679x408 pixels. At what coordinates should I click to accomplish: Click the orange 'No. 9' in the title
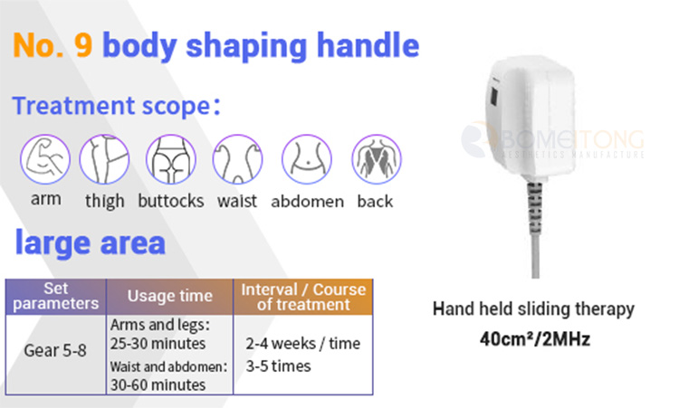click(x=53, y=45)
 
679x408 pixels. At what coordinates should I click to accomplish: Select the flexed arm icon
click(x=45, y=159)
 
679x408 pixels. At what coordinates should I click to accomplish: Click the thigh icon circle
click(x=104, y=159)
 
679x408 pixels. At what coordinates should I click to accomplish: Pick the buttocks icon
click(x=171, y=159)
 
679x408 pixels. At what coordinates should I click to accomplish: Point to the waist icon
click(x=237, y=159)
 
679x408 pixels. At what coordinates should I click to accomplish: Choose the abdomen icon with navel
click(x=307, y=159)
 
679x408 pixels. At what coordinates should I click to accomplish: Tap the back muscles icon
click(x=377, y=159)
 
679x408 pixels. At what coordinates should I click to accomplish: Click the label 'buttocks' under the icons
click(x=171, y=201)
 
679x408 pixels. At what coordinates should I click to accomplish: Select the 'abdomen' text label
click(x=308, y=202)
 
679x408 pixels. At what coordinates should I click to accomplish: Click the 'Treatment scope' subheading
click(x=116, y=106)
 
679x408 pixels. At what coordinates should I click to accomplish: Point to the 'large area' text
click(x=90, y=242)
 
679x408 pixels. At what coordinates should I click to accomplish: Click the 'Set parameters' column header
click(x=56, y=296)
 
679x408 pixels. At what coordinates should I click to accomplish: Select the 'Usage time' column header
click(x=170, y=296)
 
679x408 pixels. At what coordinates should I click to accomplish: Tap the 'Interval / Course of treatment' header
click(x=303, y=297)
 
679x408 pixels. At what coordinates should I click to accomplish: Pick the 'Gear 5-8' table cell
click(x=55, y=350)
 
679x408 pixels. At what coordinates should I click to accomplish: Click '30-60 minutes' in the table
click(x=158, y=384)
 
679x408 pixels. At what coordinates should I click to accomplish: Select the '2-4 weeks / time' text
click(x=303, y=344)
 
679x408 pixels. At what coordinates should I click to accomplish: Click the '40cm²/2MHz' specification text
click(x=535, y=339)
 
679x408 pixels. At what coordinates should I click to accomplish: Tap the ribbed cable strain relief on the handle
click(x=535, y=207)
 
